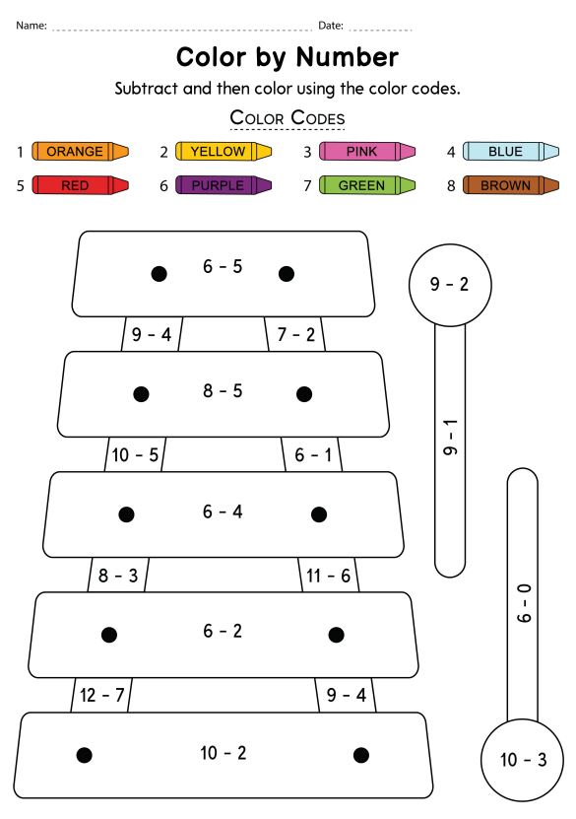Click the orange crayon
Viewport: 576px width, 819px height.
(80, 152)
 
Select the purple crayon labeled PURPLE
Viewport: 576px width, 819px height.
(224, 185)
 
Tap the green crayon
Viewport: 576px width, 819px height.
(367, 185)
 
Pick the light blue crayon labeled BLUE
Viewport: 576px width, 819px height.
(511, 152)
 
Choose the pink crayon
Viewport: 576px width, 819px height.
(367, 152)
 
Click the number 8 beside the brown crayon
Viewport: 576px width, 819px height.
(451, 186)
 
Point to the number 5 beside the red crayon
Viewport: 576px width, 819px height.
(21, 186)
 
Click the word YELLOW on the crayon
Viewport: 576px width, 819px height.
(218, 152)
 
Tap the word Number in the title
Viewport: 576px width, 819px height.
(347, 57)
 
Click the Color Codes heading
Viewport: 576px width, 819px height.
(288, 118)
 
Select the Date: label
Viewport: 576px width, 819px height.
(331, 25)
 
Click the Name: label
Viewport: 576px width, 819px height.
(32, 25)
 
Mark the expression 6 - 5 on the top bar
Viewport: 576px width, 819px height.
(223, 266)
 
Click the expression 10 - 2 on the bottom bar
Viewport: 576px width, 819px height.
(224, 753)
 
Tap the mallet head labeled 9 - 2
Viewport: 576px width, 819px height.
(450, 285)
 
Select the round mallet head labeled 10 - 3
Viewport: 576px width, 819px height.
(522, 760)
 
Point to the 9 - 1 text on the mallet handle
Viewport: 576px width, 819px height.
(450, 437)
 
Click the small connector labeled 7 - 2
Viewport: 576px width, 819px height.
(295, 334)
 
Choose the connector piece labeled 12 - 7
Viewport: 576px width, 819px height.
(101, 695)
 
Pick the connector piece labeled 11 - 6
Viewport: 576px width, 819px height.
(329, 576)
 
